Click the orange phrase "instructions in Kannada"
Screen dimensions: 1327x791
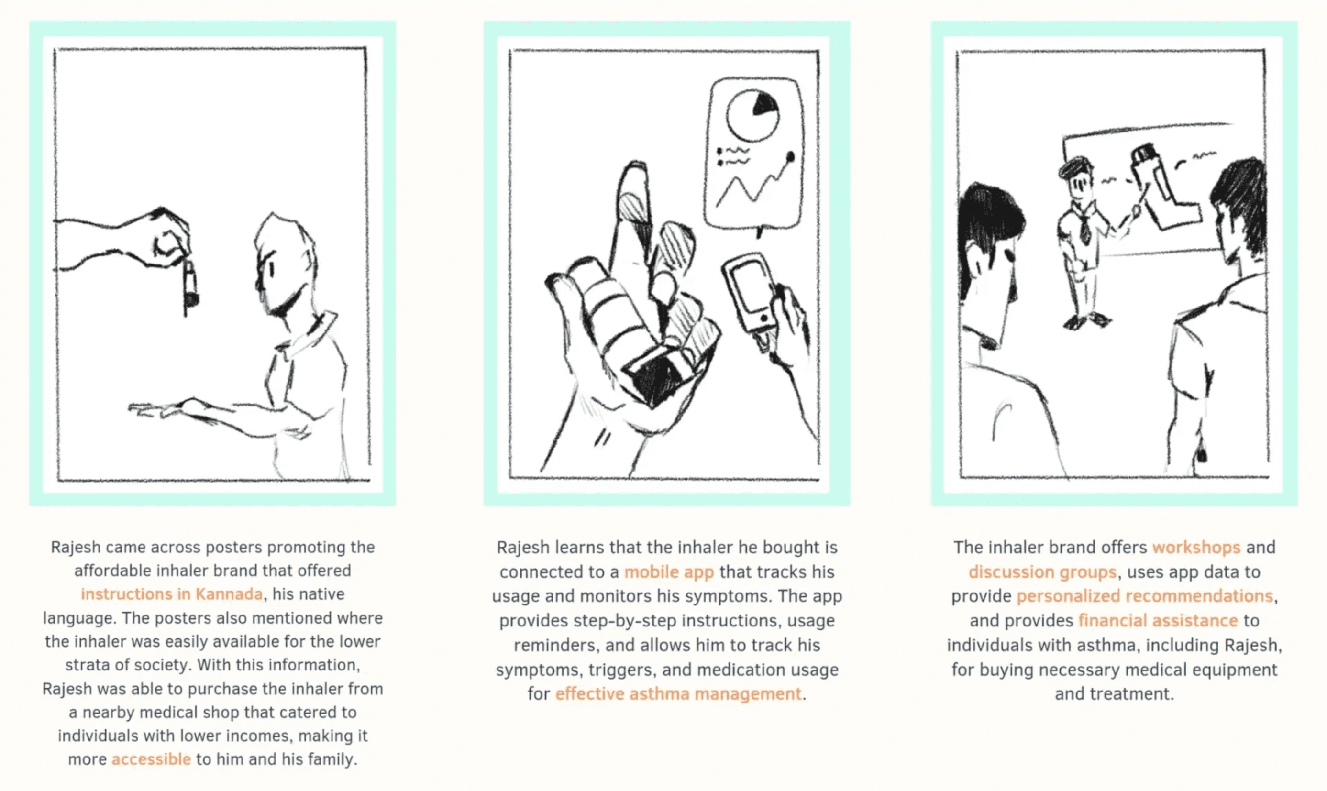click(x=172, y=594)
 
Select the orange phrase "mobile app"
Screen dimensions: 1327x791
click(x=669, y=572)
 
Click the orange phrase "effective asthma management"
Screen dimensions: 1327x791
click(x=678, y=694)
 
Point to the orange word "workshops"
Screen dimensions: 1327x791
click(x=1196, y=548)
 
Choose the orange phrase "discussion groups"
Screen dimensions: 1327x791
click(x=1042, y=572)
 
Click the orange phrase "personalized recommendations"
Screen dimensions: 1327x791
click(x=1145, y=596)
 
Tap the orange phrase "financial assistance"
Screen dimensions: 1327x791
click(x=1158, y=620)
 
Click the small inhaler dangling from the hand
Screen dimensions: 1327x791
click(x=190, y=283)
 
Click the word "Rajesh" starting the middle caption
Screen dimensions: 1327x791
click(x=522, y=548)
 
